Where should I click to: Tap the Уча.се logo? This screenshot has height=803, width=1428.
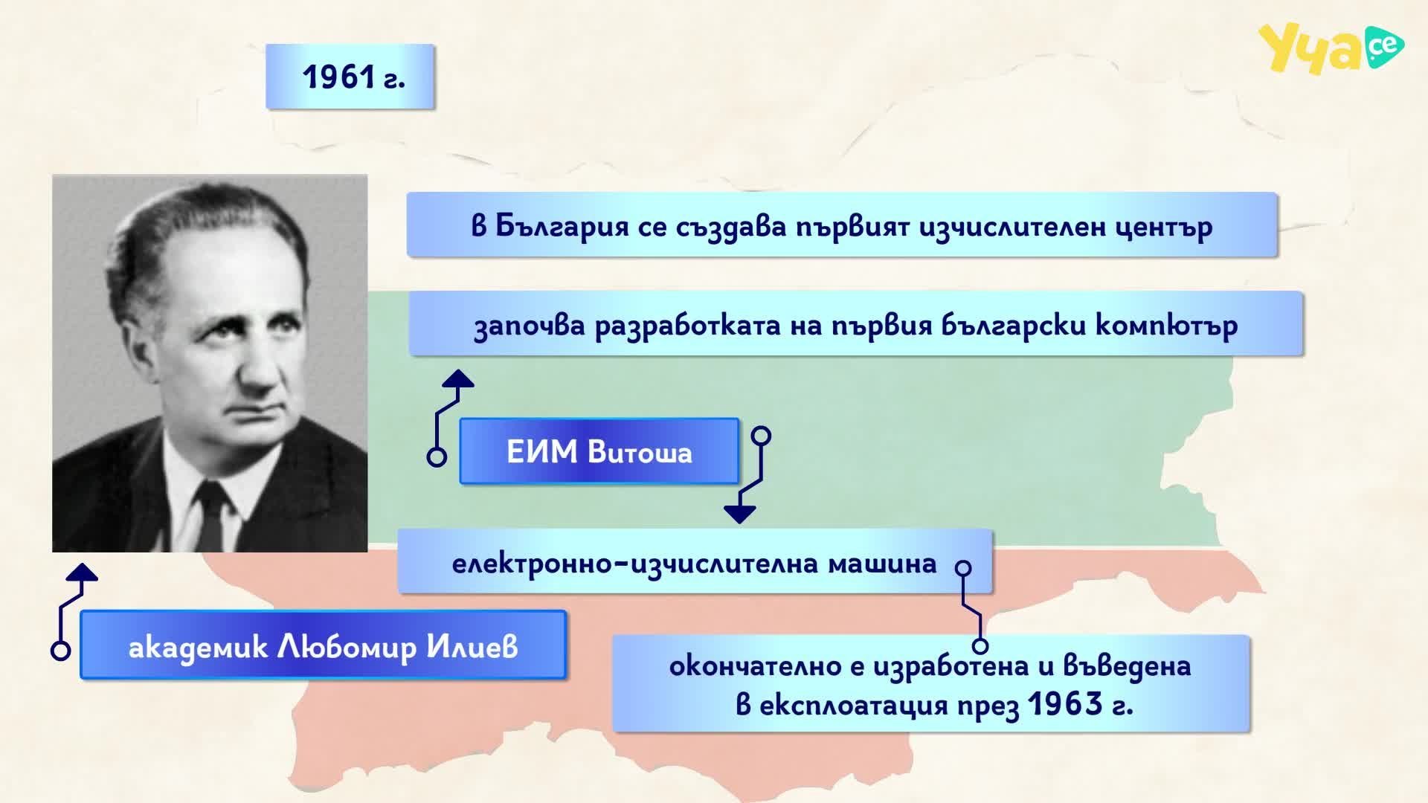tap(1331, 48)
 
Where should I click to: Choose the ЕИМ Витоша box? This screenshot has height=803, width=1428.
tap(599, 451)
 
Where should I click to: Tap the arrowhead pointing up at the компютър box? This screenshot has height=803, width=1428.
tap(457, 378)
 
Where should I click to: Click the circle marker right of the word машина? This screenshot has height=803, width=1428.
tap(963, 569)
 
